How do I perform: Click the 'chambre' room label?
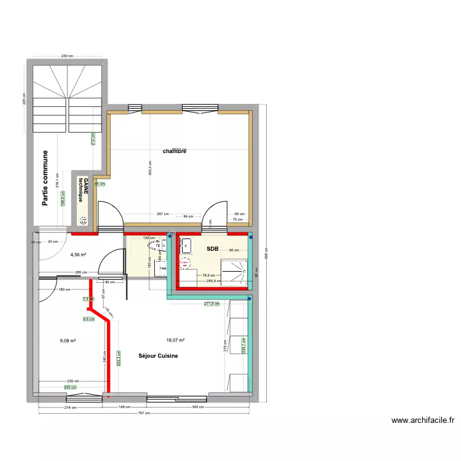coord(174,151)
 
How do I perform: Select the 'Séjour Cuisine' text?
coord(158,356)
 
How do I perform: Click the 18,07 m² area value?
coord(175,339)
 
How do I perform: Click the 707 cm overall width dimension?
coord(144,414)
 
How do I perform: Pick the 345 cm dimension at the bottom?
coord(198,407)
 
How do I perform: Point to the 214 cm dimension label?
coord(69,407)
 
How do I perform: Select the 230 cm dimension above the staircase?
coord(67,56)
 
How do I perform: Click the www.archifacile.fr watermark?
coord(423,421)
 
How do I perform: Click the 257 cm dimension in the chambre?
coord(162,215)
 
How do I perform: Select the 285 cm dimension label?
coord(79,272)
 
